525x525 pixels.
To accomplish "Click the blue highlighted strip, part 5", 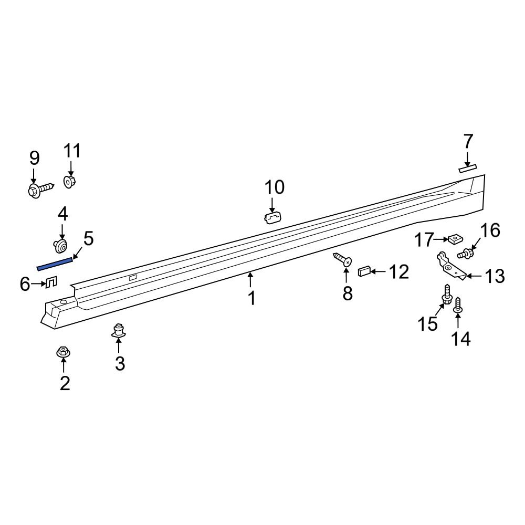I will (x=55, y=264).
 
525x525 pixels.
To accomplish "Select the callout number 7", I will (x=468, y=141).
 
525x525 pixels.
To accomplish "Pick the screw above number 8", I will (x=343, y=259).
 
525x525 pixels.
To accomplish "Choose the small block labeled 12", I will (x=364, y=271).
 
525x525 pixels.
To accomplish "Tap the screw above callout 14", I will (x=457, y=304).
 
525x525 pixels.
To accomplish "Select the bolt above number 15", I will (x=447, y=294).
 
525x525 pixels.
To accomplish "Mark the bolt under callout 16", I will (x=466, y=254).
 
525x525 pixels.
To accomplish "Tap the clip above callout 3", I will (x=119, y=331).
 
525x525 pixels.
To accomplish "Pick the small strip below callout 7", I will (x=467, y=168).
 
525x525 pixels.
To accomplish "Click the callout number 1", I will (x=252, y=298).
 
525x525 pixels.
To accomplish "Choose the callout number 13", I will (x=494, y=276).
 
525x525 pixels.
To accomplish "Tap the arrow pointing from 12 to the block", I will (x=379, y=271).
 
